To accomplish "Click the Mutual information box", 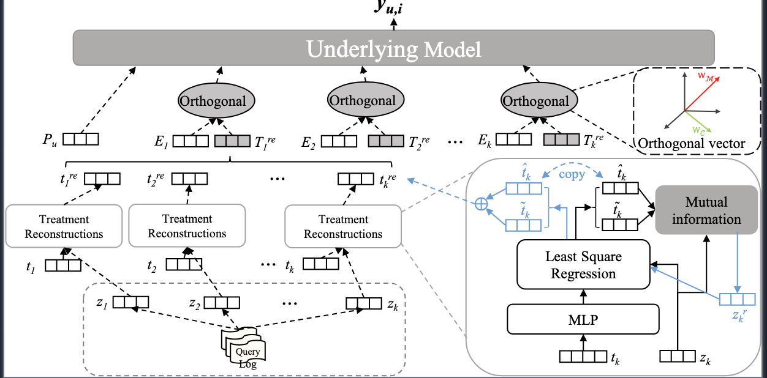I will (x=706, y=210).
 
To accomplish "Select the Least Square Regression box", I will (x=583, y=264).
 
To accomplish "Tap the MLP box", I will (x=583, y=319).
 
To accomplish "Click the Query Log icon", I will (x=244, y=350).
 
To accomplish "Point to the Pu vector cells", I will (x=81, y=139).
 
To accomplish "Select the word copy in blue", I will (x=572, y=174).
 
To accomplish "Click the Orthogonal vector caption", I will (x=692, y=144).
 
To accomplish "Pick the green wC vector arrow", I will (x=697, y=119).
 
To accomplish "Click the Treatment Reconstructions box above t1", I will (x=64, y=226).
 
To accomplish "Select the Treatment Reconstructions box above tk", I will (x=343, y=226).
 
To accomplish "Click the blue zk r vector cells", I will (x=737, y=300).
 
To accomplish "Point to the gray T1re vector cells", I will (x=232, y=142).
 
